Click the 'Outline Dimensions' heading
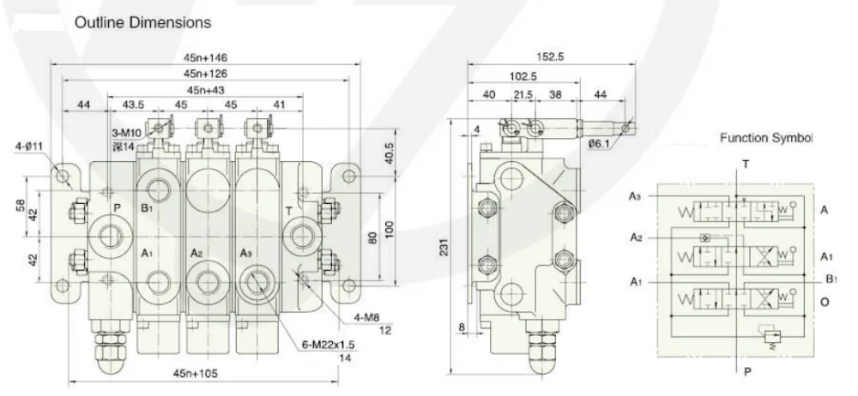142,22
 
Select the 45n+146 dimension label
206,57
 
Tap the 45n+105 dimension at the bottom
196,374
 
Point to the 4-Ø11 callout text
29,146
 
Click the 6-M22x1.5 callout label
329,345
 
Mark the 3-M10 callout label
126,134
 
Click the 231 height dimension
444,247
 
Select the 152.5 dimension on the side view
550,57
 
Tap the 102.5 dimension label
522,76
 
